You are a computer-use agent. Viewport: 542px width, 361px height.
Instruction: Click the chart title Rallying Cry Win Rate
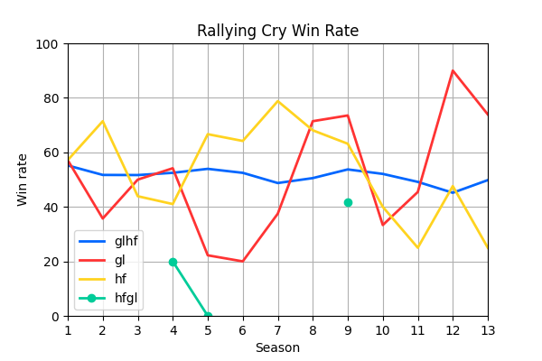(277, 31)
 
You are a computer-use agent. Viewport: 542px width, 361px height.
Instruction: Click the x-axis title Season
(277, 347)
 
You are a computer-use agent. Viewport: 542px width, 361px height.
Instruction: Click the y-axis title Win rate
(23, 180)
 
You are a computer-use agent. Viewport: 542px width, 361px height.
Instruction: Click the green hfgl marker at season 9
(348, 202)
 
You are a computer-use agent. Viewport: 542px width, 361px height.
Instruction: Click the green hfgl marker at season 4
(173, 262)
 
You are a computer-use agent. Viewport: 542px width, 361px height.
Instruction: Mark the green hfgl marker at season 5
(208, 316)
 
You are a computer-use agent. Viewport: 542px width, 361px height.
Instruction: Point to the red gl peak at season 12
(453, 70)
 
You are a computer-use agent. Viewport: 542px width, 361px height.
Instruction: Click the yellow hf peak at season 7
(277, 101)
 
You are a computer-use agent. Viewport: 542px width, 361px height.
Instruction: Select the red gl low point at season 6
(242, 262)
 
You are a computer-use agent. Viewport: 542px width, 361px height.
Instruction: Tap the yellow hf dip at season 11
(417, 248)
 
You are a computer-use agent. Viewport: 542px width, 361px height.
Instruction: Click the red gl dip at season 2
(103, 218)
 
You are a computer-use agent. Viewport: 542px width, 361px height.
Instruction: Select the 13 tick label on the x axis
(488, 331)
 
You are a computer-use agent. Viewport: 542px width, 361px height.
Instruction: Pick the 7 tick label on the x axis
(277, 331)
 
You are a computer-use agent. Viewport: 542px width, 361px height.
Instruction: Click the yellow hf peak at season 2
(103, 121)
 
